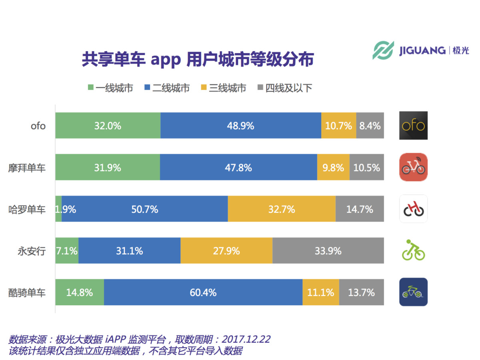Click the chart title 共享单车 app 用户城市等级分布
198,59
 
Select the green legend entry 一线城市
110,88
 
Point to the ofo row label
38,126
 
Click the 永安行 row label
32,251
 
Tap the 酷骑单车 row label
27,292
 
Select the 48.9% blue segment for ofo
240,126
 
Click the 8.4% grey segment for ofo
370,126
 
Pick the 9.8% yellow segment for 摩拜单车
333,168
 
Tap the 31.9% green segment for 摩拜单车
107,168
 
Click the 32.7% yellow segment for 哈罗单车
282,209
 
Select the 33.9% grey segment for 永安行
328,251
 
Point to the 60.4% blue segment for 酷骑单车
203,292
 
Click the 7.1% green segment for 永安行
66,251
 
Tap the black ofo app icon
413,126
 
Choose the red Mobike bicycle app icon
413,167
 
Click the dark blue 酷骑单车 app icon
413,292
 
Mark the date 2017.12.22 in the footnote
246,340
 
